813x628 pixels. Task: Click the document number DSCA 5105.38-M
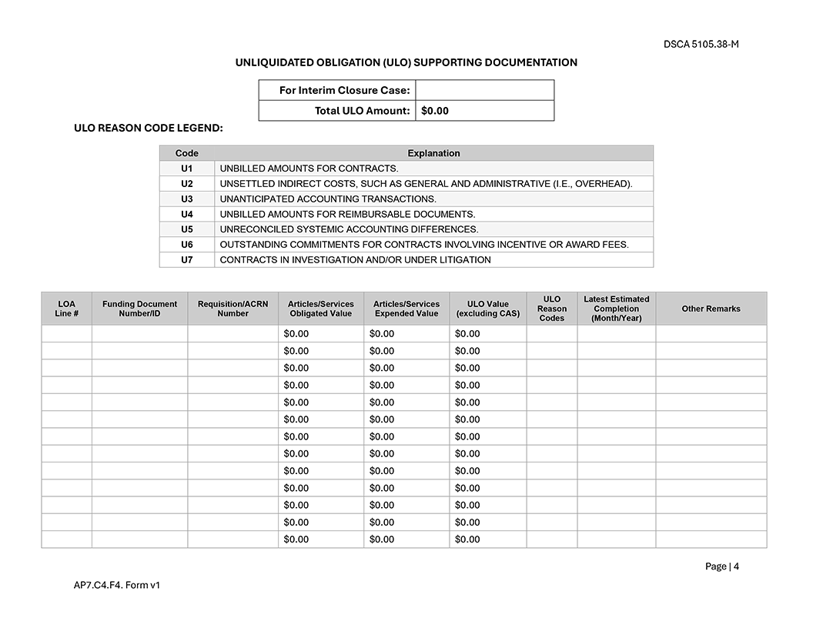tap(701, 44)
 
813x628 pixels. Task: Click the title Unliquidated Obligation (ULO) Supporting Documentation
tap(406, 62)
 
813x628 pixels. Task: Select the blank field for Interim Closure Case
tap(484, 90)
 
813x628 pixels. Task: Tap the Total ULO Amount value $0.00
tap(435, 111)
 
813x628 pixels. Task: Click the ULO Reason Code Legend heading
tap(148, 128)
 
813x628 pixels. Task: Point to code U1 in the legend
tap(187, 168)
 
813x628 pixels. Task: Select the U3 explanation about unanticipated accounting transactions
tap(328, 199)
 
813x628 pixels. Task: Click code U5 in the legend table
tap(187, 229)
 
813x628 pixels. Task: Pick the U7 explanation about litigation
tap(355, 260)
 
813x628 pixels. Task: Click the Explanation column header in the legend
tap(433, 153)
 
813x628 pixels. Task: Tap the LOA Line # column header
tap(67, 309)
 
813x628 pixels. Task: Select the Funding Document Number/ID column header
tap(139, 309)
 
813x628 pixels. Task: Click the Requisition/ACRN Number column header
tap(233, 309)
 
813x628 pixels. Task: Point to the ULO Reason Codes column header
tap(551, 309)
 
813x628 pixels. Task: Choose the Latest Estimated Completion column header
tap(616, 309)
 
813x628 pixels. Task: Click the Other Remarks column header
tap(711, 309)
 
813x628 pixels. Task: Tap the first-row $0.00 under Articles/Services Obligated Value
tap(296, 334)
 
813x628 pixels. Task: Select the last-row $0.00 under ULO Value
tap(467, 539)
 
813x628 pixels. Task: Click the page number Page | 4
tap(721, 566)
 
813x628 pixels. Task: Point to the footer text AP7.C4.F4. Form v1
tap(117, 585)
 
